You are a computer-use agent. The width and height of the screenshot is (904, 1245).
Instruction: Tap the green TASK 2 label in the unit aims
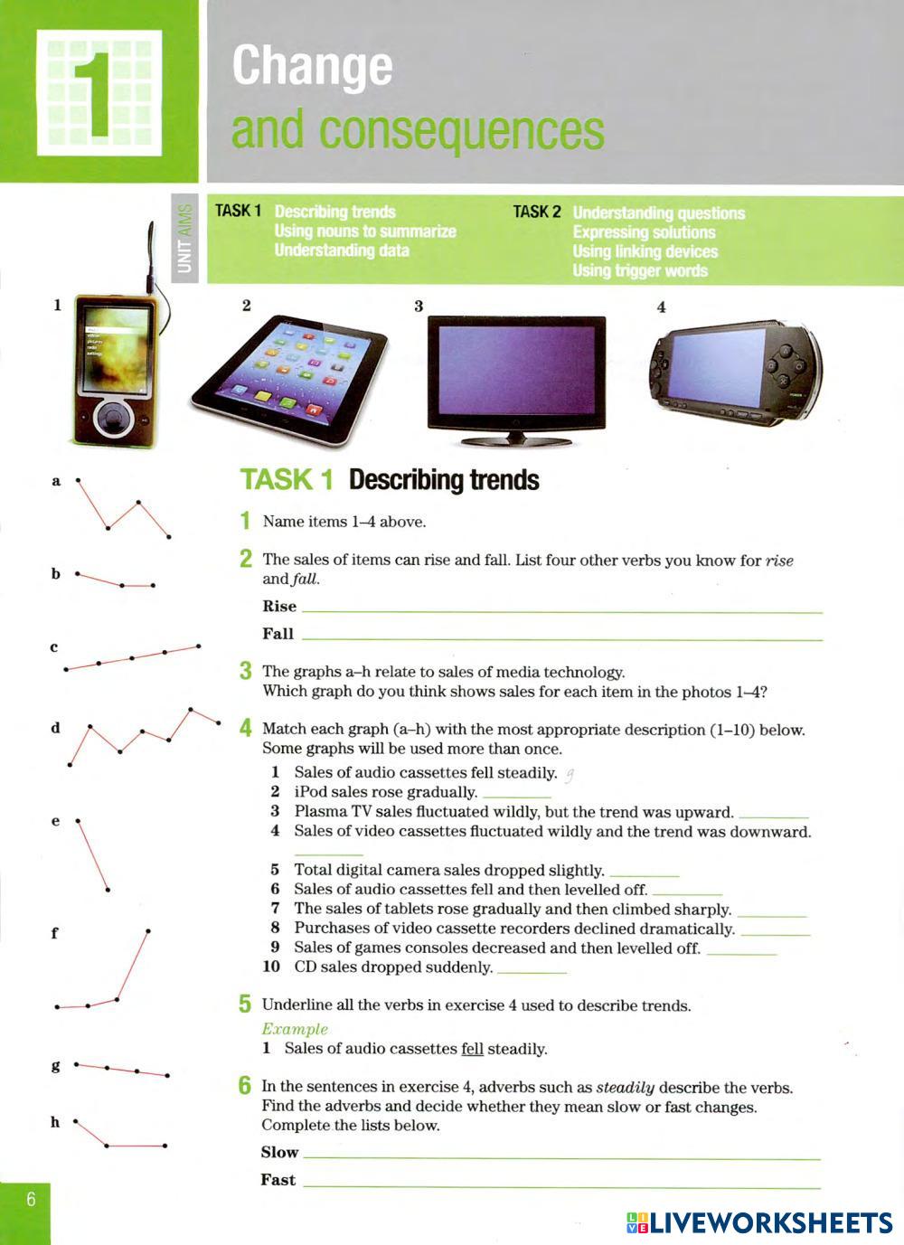(x=536, y=212)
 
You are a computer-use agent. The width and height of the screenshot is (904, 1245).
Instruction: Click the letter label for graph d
(x=55, y=727)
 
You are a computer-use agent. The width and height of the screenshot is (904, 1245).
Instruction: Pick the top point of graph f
(x=147, y=930)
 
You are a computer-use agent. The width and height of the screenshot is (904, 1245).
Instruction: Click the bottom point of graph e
(x=108, y=891)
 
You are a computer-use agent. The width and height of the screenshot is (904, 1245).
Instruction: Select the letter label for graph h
(x=55, y=1122)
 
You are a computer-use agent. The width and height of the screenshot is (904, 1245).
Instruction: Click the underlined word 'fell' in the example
(x=472, y=1049)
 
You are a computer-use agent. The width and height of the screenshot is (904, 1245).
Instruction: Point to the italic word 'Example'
(x=295, y=1029)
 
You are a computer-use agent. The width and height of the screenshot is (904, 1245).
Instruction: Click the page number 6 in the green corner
(x=31, y=1200)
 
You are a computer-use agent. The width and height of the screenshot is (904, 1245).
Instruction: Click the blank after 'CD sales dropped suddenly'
(x=532, y=968)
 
